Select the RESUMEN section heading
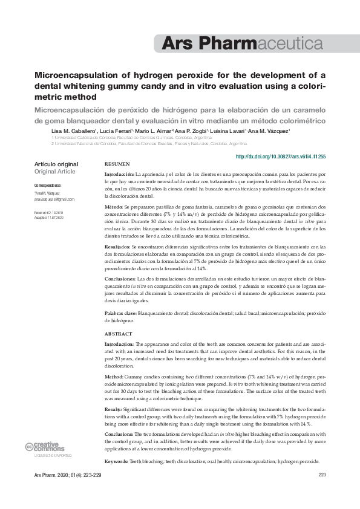point(117,164)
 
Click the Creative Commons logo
point(41,447)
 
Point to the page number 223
point(322,475)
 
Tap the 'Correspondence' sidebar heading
point(47,184)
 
